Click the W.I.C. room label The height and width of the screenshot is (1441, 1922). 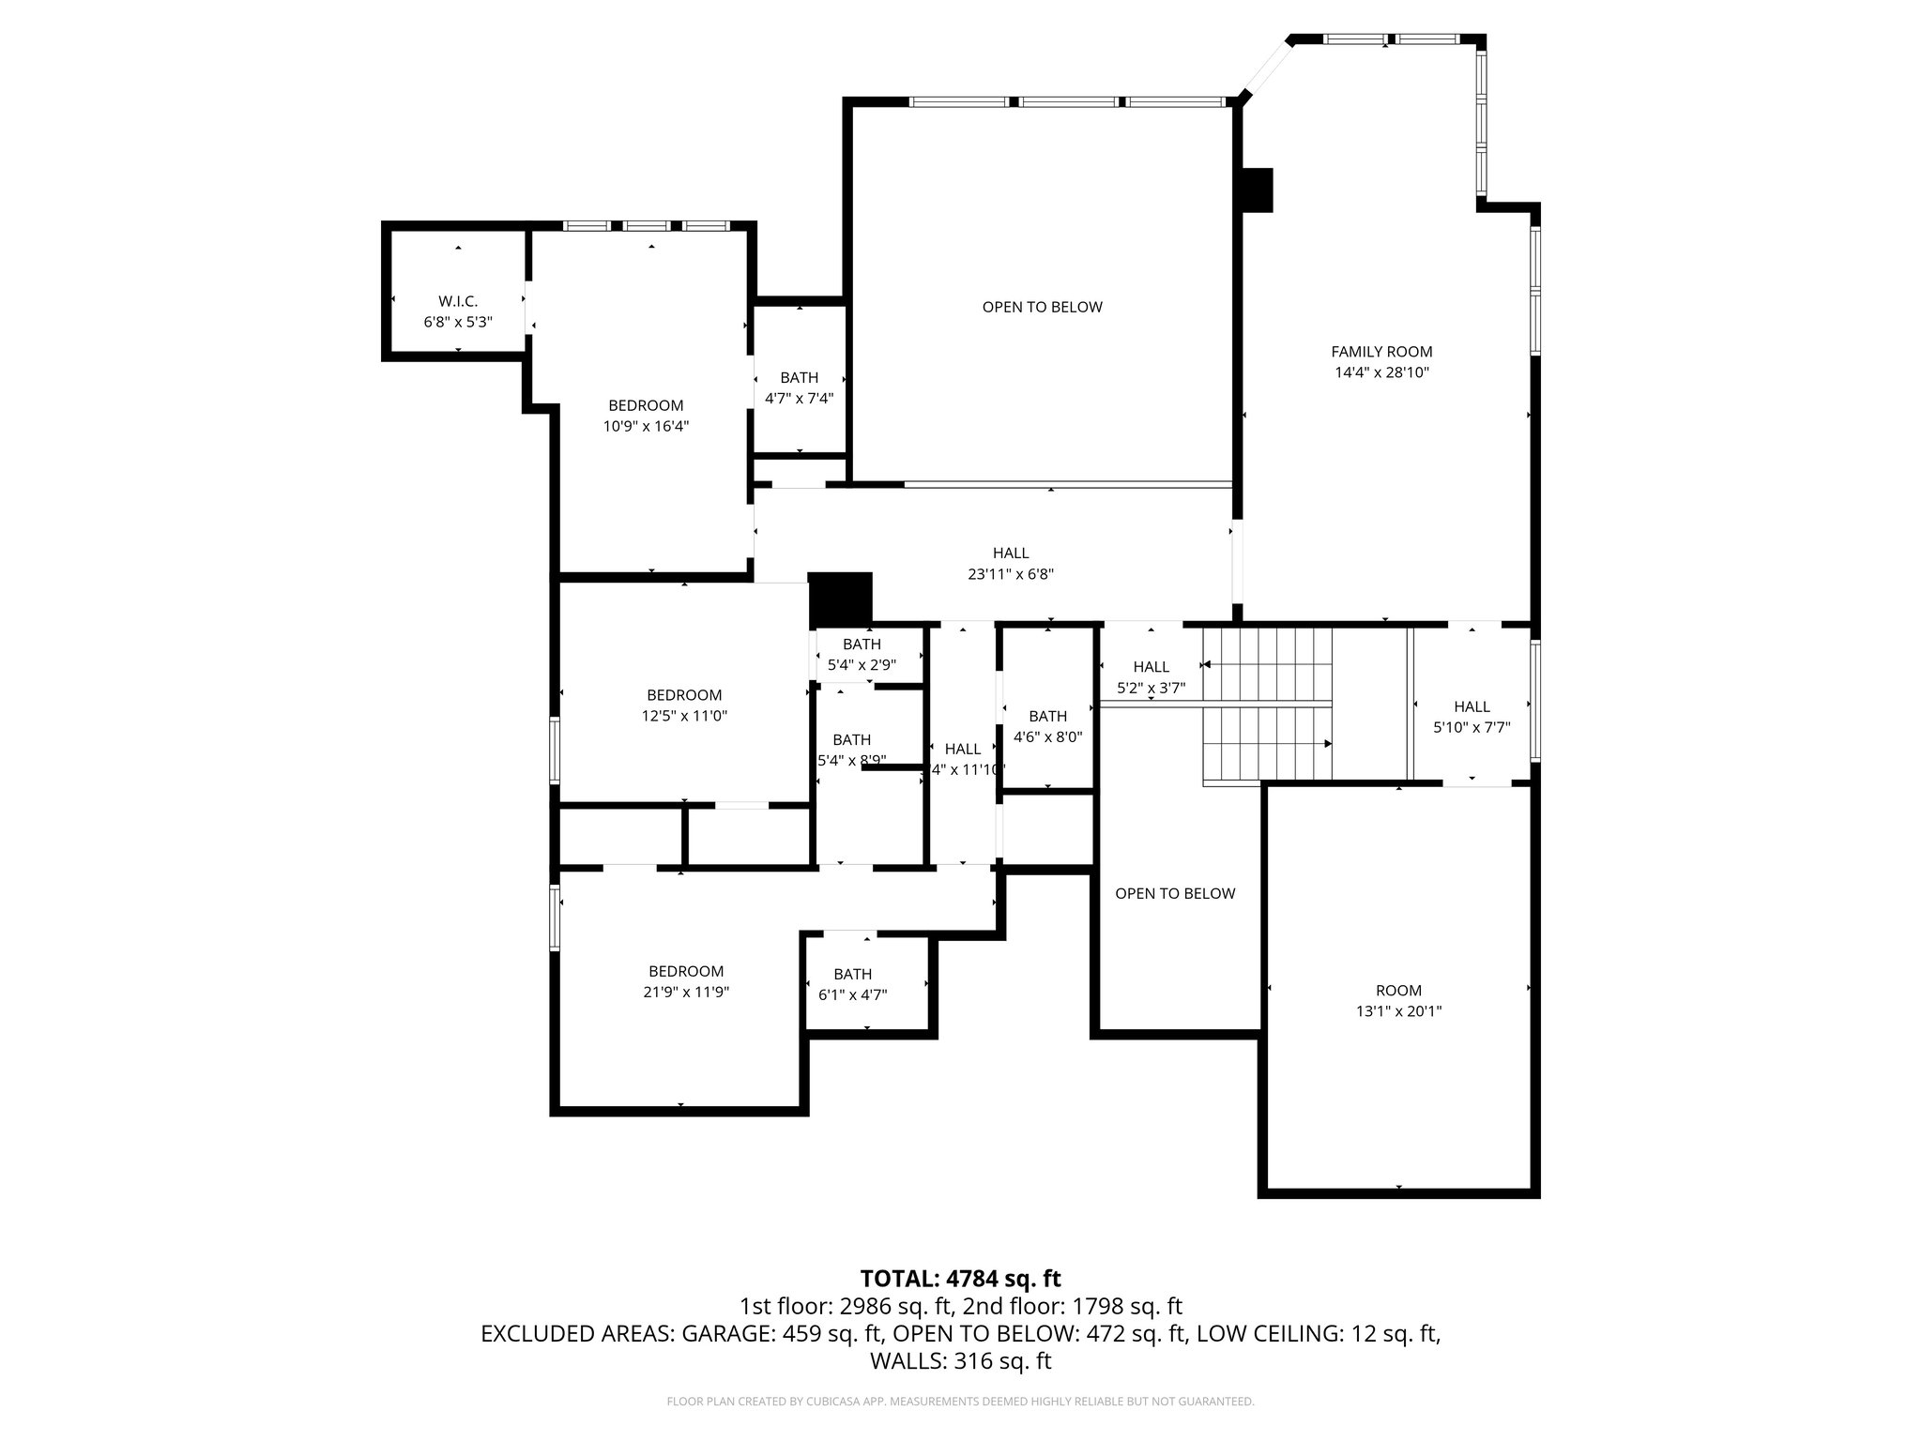pos(458,301)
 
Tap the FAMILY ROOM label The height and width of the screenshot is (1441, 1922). pos(1381,352)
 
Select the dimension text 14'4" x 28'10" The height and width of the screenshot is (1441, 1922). pos(1381,372)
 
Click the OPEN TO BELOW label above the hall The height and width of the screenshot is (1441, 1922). pos(1042,307)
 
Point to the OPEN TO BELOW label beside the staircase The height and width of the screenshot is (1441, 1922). pos(1175,893)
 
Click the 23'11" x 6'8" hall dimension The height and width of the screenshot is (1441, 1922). pos(1011,574)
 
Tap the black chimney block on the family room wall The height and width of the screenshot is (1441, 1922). pos(1257,190)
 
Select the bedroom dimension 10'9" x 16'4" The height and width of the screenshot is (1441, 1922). pos(646,426)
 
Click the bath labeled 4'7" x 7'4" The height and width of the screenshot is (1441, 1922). pos(799,387)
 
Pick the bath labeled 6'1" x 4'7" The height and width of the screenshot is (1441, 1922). pos(852,984)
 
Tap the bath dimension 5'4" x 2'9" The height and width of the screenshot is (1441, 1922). pos(862,665)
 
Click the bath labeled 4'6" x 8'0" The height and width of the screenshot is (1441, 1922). pos(1047,726)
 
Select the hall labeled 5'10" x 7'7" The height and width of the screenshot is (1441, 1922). pos(1472,717)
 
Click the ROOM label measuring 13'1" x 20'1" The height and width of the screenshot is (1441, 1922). pos(1398,991)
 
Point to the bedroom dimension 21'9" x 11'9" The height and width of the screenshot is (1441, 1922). pos(686,992)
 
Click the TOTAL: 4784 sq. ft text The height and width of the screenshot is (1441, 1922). pos(960,1279)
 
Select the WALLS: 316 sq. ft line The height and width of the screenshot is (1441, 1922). pos(960,1361)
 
